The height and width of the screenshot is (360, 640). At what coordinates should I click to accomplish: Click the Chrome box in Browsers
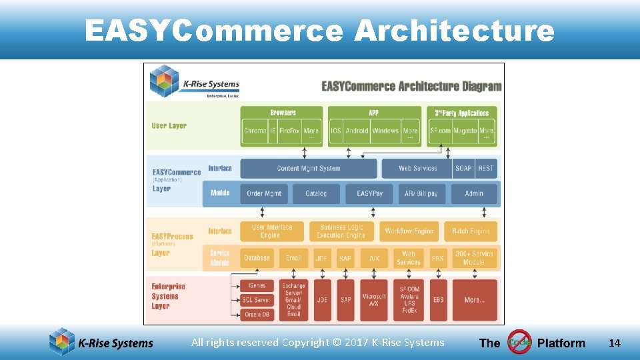255,131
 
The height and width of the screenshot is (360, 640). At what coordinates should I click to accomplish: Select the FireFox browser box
289,131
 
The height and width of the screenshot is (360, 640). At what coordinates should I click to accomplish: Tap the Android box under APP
357,131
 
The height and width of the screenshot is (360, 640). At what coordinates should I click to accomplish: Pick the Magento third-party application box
465,131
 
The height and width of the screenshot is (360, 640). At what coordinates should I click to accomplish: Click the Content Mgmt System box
308,169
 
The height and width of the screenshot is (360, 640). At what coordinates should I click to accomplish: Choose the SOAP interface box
463,169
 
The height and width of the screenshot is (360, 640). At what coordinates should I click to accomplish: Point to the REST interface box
486,169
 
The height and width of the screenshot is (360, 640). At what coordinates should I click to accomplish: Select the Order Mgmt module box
264,194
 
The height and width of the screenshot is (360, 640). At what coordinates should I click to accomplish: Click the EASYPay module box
370,194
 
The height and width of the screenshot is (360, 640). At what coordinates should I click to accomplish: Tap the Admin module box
474,194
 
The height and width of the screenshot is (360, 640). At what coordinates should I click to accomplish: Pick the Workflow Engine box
409,231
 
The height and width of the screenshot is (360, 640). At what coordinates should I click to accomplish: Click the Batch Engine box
471,231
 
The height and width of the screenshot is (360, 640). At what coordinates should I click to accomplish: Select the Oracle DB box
257,315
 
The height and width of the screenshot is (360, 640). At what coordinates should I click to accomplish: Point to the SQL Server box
257,301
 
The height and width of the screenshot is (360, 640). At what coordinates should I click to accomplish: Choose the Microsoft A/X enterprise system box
374,300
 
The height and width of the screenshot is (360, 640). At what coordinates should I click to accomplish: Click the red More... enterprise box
475,300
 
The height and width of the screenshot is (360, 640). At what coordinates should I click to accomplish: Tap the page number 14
615,343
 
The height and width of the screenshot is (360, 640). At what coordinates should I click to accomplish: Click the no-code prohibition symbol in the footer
519,343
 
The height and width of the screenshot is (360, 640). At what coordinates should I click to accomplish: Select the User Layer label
169,126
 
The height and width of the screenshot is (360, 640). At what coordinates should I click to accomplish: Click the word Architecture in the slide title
454,31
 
